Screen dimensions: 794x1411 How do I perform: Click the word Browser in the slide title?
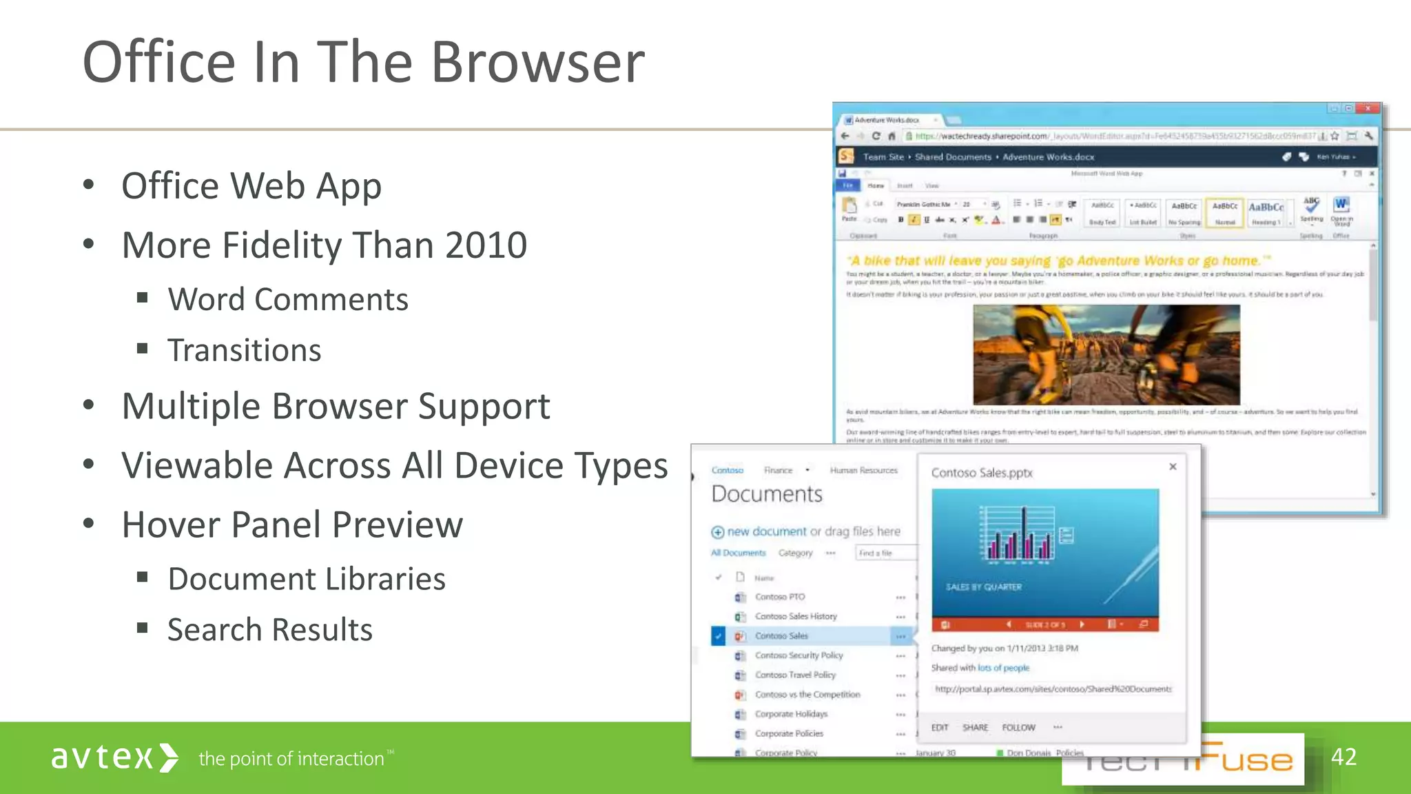[537, 62]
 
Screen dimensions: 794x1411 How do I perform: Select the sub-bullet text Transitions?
[245, 350]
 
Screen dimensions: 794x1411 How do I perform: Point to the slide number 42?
[1343, 757]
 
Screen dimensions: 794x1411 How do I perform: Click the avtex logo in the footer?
[114, 757]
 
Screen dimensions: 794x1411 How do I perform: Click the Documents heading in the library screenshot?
[767, 494]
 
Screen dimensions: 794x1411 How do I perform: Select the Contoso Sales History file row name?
[796, 616]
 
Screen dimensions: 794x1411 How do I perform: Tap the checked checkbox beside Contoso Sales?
[718, 635]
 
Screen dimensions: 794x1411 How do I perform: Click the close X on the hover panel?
[1173, 467]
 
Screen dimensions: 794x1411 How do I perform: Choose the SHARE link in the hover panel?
[975, 727]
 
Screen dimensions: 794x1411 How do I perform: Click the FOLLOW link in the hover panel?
[1018, 727]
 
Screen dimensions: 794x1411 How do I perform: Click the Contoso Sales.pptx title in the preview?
[982, 473]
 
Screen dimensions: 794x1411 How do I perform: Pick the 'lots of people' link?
[1003, 668]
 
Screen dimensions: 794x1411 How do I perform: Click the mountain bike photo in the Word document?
[1106, 354]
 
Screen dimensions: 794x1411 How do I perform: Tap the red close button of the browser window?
[1368, 108]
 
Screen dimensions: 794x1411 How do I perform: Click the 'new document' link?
[766, 531]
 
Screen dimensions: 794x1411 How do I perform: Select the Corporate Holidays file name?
[791, 714]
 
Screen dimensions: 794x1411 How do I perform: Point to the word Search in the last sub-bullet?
[214, 630]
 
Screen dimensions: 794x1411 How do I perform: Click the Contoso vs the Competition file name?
[807, 695]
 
